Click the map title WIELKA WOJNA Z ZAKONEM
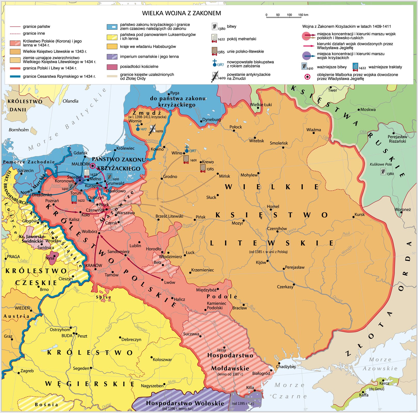pyautogui.click(x=182, y=13)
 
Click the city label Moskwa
pyautogui.click(x=368, y=109)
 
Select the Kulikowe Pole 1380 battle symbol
pyautogui.click(x=383, y=171)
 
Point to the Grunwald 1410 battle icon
pyautogui.click(x=109, y=177)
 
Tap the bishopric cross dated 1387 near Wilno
pyautogui.click(x=187, y=149)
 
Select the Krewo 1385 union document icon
pyautogui.click(x=203, y=168)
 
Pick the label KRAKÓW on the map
pyautogui.click(x=94, y=265)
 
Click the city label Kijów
pyautogui.click(x=261, y=262)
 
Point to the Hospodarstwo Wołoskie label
pyautogui.click(x=185, y=403)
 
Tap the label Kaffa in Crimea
pyautogui.click(x=364, y=395)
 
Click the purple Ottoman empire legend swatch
pyautogui.click(x=112, y=57)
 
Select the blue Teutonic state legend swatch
pyautogui.click(x=112, y=27)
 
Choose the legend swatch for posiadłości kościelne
pyautogui.click(x=112, y=67)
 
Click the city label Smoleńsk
pyautogui.click(x=279, y=143)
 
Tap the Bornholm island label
pyautogui.click(x=19, y=130)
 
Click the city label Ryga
pyautogui.click(x=175, y=93)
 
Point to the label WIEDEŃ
pyautogui.click(x=22, y=308)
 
